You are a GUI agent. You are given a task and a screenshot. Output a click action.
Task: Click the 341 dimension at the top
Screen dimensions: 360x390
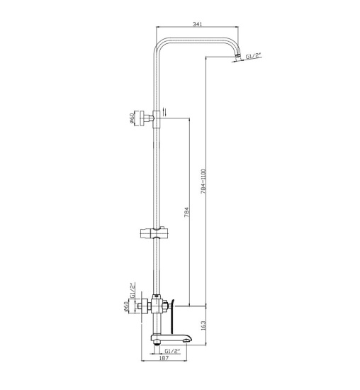click(x=197, y=24)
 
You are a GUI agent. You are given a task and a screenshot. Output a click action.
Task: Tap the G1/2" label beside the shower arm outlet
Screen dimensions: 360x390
click(x=254, y=57)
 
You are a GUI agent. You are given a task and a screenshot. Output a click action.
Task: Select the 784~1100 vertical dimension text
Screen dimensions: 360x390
click(x=203, y=182)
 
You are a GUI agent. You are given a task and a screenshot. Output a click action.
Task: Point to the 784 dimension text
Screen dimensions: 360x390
click(x=187, y=212)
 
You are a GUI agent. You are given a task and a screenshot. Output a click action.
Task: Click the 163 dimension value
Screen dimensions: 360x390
click(x=203, y=325)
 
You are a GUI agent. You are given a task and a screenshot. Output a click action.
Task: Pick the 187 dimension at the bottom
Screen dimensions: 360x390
click(x=164, y=358)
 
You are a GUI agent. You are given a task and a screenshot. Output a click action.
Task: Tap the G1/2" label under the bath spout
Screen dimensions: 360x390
click(x=172, y=351)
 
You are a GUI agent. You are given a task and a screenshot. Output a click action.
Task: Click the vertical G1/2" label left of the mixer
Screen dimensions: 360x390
click(x=132, y=290)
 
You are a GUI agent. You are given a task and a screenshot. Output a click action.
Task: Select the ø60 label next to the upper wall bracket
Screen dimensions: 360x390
click(x=132, y=118)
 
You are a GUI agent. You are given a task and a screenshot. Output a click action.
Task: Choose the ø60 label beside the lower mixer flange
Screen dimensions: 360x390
click(x=125, y=306)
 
